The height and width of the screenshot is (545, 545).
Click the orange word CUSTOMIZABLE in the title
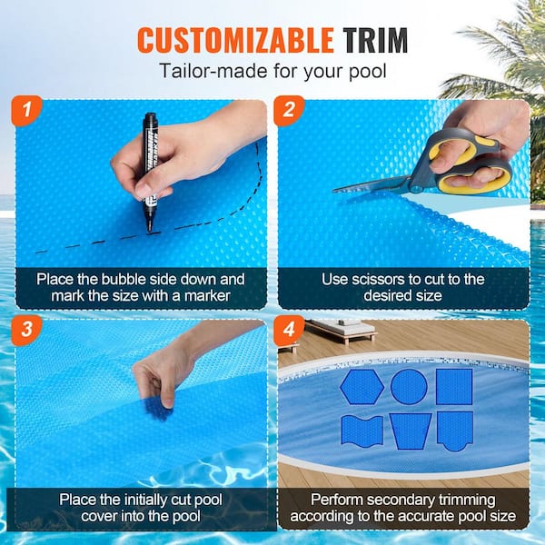click(x=235, y=40)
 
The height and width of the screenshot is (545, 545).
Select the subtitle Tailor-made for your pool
click(x=272, y=71)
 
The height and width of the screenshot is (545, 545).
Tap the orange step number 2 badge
click(x=290, y=112)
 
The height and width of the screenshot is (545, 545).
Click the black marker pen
click(x=149, y=168)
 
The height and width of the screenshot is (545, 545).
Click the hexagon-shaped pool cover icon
click(x=362, y=387)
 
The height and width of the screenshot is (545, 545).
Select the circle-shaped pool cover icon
click(x=409, y=387)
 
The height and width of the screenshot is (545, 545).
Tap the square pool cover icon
click(x=454, y=387)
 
